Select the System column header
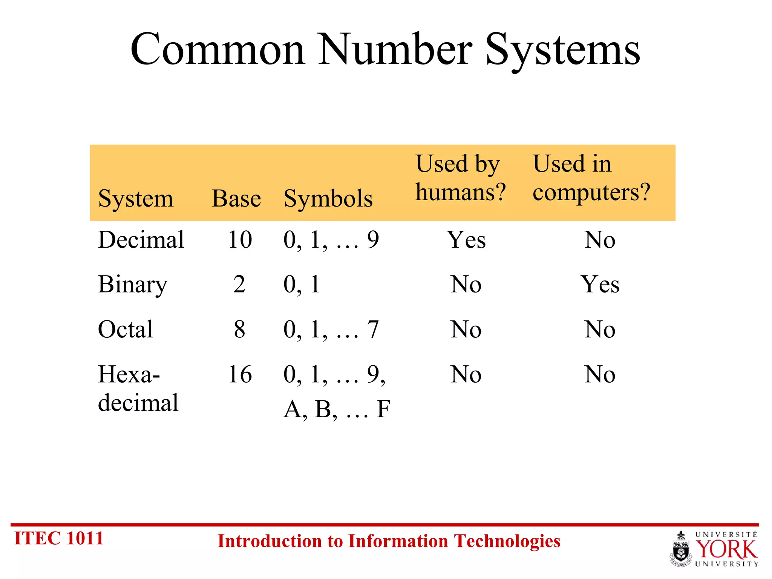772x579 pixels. tap(136, 198)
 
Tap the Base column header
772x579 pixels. tap(236, 198)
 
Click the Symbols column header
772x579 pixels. tap(328, 198)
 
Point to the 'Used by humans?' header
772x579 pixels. tap(460, 178)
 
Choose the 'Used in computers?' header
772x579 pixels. tap(591, 178)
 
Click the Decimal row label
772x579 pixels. tap(141, 240)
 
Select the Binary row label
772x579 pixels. tap(132, 285)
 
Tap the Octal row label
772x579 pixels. tap(126, 329)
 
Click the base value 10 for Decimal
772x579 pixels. tap(240, 240)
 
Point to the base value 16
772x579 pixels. tap(240, 374)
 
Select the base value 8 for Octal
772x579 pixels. tap(239, 329)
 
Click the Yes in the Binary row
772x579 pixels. tap(600, 285)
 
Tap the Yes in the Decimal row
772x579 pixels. tap(466, 240)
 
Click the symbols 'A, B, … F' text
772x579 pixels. tap(337, 409)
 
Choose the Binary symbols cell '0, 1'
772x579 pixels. tap(302, 285)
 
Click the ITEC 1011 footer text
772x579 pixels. tap(59, 538)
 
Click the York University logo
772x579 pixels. tap(714, 549)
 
